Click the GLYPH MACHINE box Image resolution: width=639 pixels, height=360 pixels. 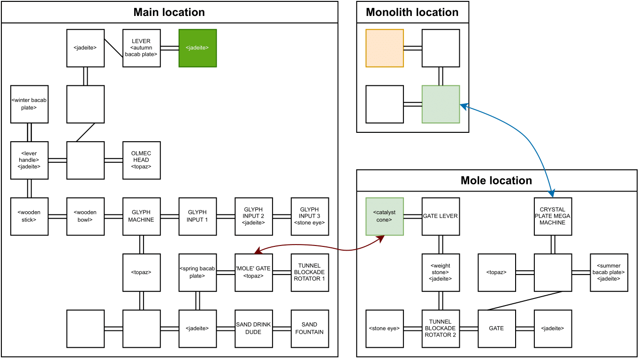pyautogui.click(x=141, y=216)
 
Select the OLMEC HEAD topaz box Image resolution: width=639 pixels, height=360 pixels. pyautogui.click(x=141, y=161)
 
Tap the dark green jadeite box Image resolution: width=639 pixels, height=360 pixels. pyautogui.click(x=198, y=48)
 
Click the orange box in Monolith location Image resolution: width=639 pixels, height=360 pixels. pyautogui.click(x=385, y=48)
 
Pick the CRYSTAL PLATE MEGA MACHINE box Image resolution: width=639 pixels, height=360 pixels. pyautogui.click(x=553, y=216)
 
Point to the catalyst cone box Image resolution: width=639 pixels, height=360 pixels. pyautogui.click(x=385, y=216)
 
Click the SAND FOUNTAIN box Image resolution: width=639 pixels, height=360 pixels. pyautogui.click(x=310, y=329)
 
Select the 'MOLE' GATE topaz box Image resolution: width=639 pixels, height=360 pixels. pyautogui.click(x=253, y=273)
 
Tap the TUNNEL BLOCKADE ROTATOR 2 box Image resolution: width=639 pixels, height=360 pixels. pyautogui.click(x=441, y=329)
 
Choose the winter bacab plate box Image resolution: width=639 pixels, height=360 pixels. pyautogui.click(x=29, y=104)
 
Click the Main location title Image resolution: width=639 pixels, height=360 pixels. pyautogui.click(x=169, y=12)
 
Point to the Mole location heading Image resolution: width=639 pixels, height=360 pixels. pyautogui.click(x=496, y=181)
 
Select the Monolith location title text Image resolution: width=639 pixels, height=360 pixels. pyautogui.click(x=412, y=12)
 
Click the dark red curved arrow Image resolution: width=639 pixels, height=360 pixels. pyautogui.click(x=319, y=246)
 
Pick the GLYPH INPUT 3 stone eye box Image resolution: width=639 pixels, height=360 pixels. pyautogui.click(x=310, y=216)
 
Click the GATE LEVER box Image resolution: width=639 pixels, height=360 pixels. pyautogui.click(x=441, y=216)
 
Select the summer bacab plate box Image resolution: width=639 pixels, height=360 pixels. pyautogui.click(x=609, y=273)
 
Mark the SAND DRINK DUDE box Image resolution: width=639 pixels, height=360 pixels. pyautogui.click(x=253, y=329)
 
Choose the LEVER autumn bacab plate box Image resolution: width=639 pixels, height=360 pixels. pyautogui.click(x=141, y=48)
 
